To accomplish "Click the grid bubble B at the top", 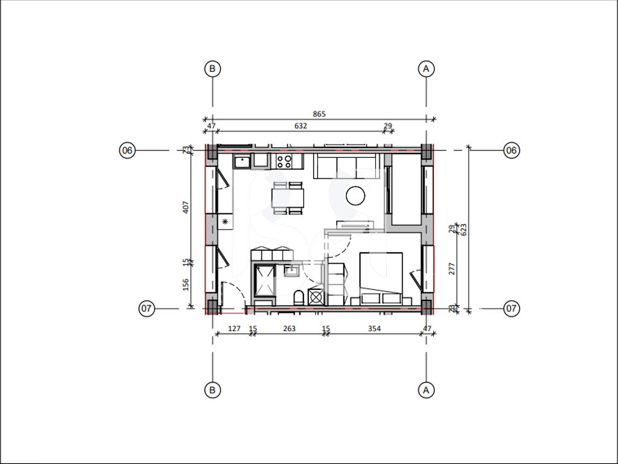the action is point(212,69).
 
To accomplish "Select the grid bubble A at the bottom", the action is point(425,390).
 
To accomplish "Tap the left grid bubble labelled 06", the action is point(127,150).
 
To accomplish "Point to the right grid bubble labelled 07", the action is point(511,308).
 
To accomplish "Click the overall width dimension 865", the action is point(319,114).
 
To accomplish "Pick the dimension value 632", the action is point(301,126).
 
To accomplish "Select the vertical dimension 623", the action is point(463,230).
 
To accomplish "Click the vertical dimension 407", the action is point(186,207).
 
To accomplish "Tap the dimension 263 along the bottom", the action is point(289,328).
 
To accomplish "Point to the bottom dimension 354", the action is point(374,328).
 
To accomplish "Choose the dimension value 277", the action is point(451,269).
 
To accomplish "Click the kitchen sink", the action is point(242,161).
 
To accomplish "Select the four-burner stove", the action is point(284,161).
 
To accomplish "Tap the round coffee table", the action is point(355,196).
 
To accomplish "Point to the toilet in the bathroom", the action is point(299,297).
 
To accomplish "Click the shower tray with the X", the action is point(264,280).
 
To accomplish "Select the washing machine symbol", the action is point(316,297).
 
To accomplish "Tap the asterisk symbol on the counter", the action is point(225,222).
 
